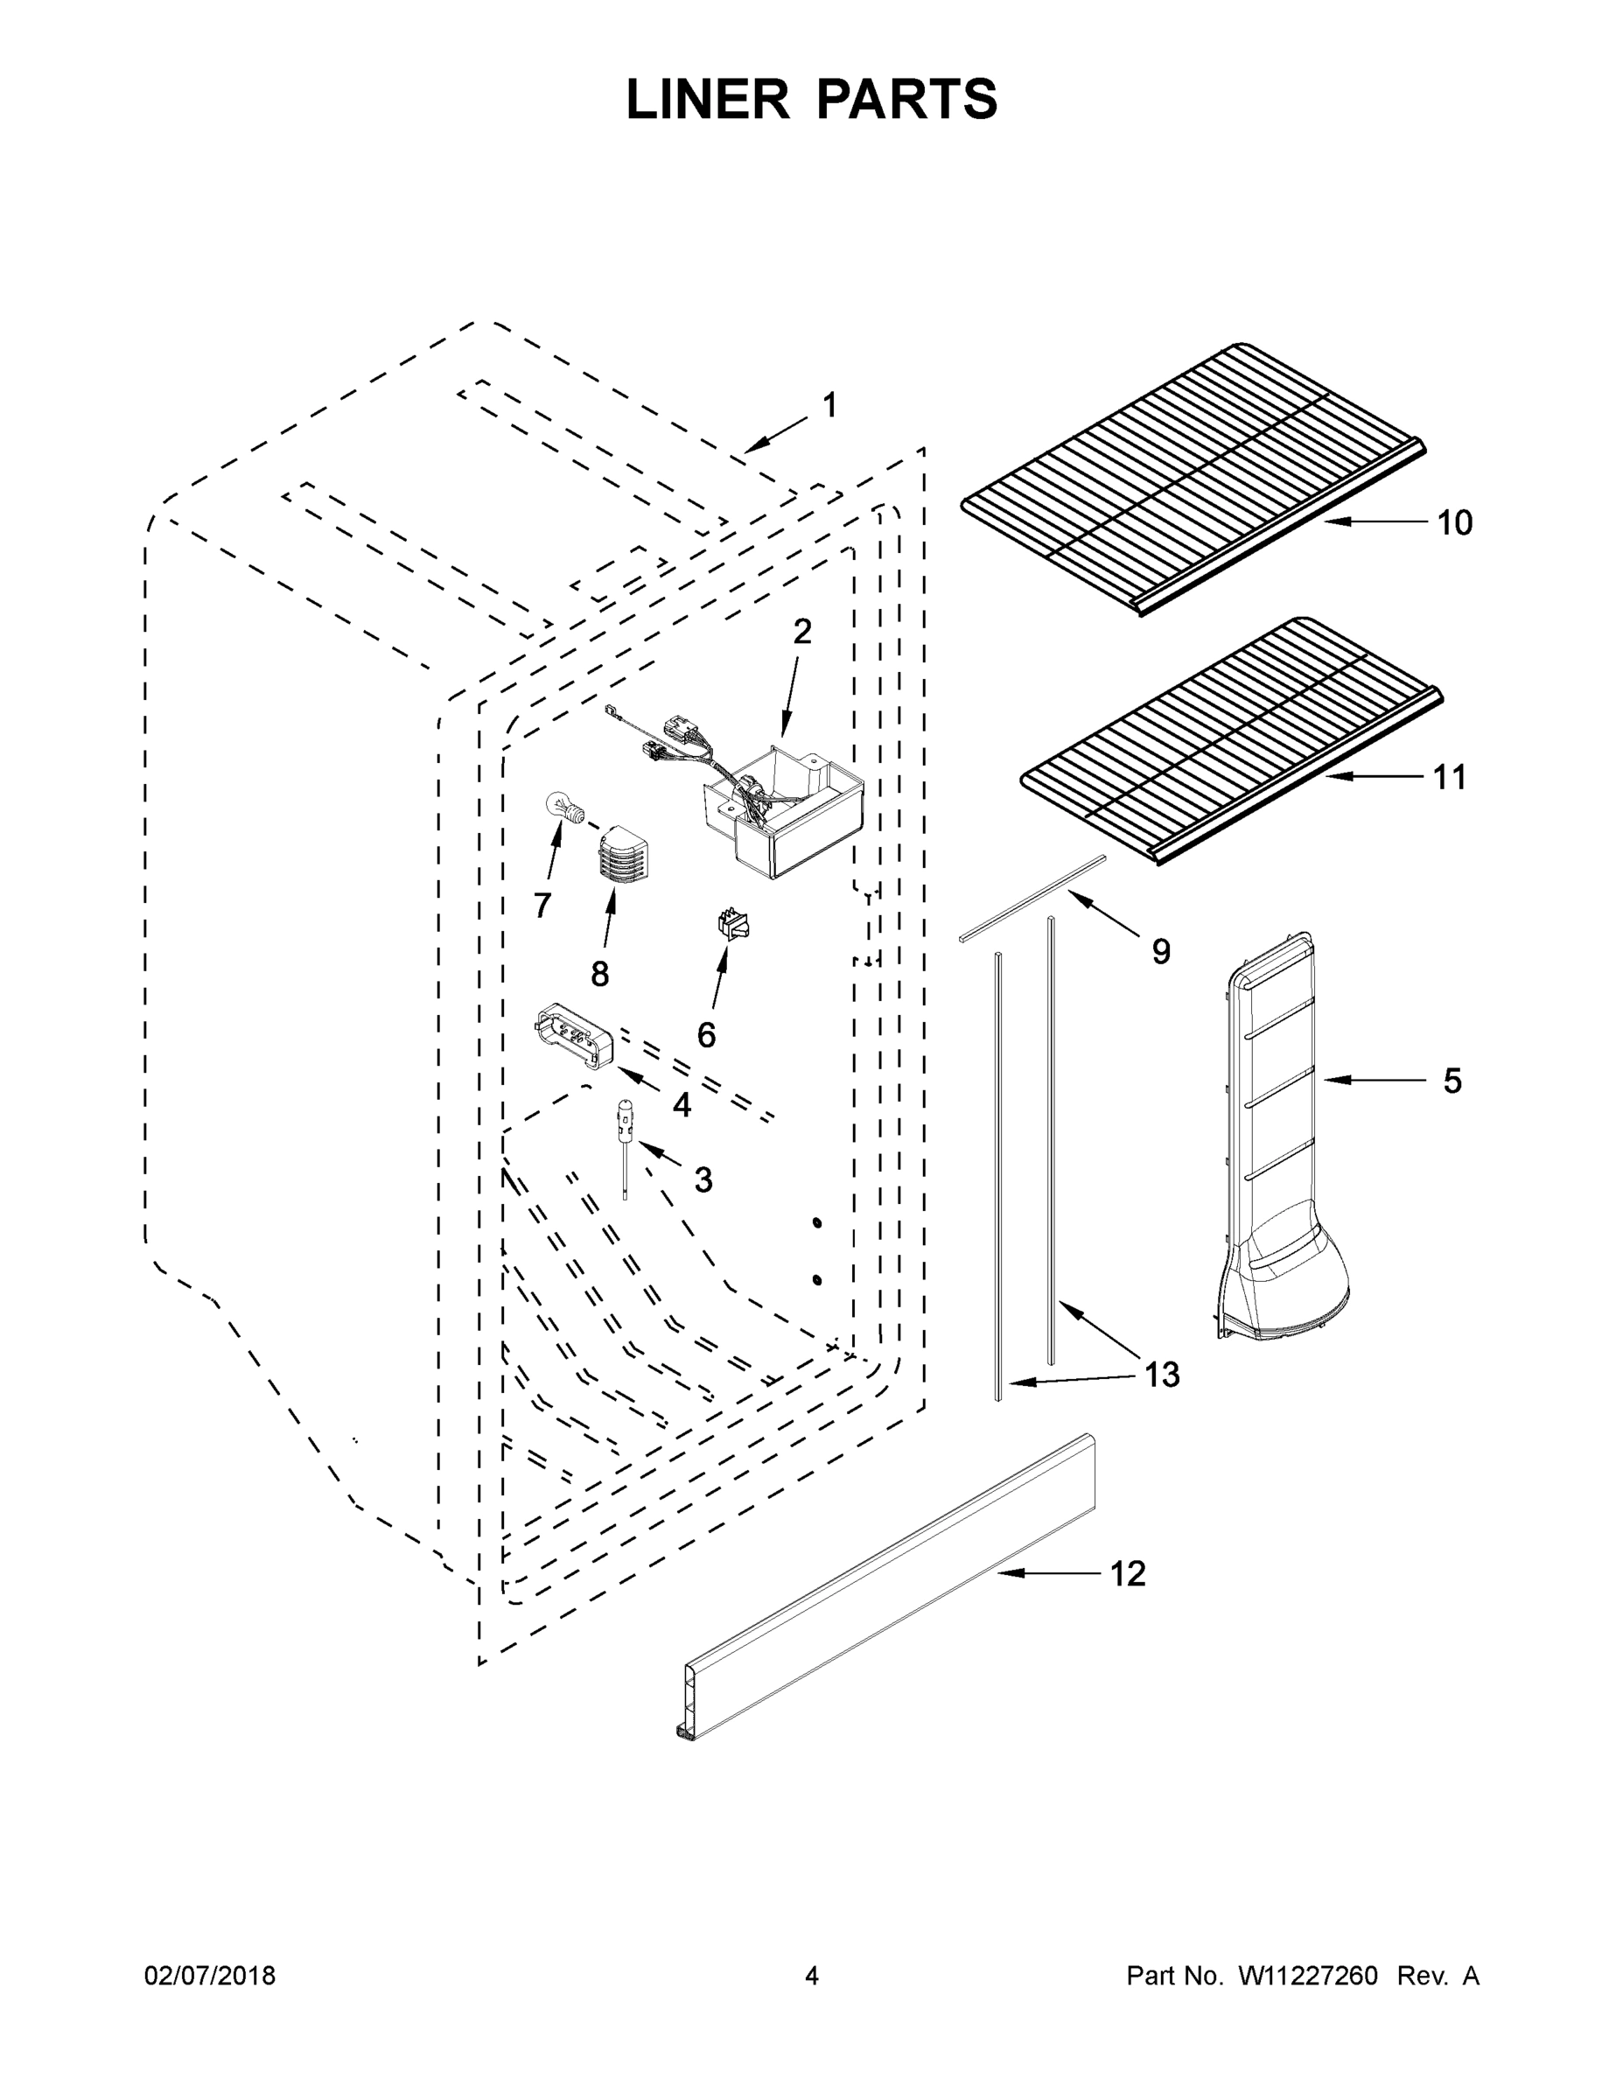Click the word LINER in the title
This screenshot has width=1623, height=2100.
point(708,100)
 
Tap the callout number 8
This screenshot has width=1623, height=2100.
point(600,974)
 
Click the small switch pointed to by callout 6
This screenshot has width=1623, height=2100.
point(733,925)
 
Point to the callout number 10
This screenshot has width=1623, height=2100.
point(1454,523)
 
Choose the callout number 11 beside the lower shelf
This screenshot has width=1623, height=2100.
point(1450,777)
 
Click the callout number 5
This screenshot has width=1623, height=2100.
point(1452,1081)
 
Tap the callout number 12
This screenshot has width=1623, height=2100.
point(1128,1574)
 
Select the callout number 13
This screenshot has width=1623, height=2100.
point(1162,1375)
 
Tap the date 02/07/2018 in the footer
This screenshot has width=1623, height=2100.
point(210,1975)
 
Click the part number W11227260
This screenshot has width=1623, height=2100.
point(1308,1975)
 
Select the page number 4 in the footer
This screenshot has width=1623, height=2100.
point(812,1975)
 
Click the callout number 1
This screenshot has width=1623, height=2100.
point(829,406)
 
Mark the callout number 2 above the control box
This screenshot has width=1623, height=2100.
point(802,632)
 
